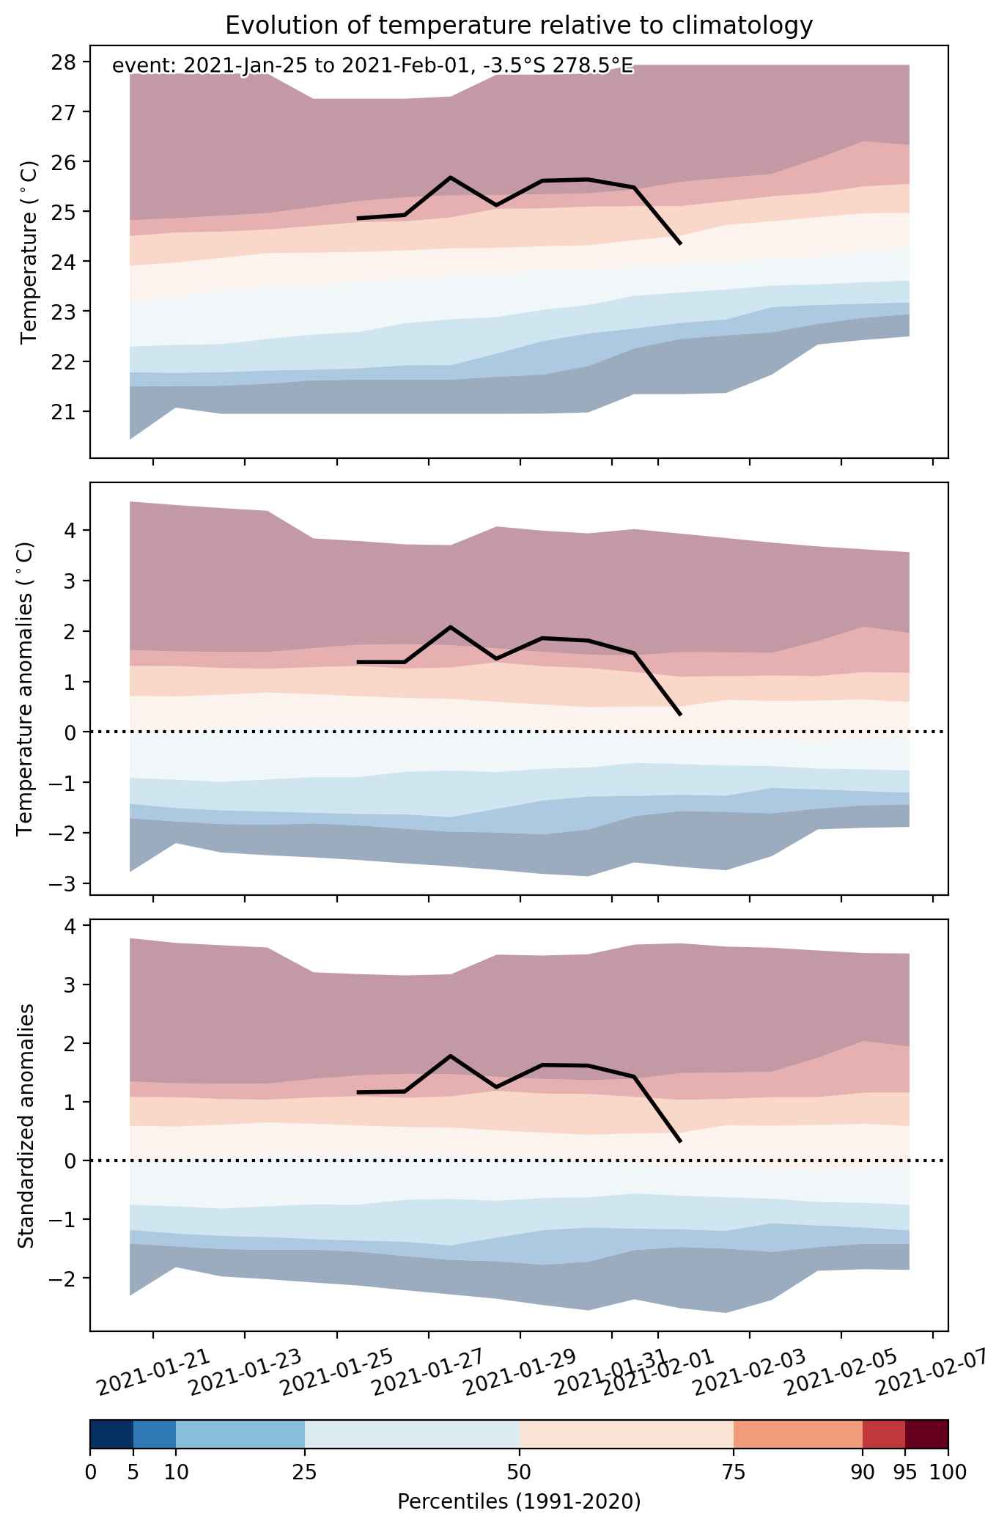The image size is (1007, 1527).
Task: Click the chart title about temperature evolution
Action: click(519, 26)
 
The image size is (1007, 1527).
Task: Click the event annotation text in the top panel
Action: click(372, 67)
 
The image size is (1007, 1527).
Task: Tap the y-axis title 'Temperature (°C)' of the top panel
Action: click(29, 252)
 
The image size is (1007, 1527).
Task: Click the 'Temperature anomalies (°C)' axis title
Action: click(25, 688)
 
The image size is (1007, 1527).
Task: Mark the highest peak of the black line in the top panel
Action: click(450, 177)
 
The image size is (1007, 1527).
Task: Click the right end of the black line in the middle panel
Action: click(681, 714)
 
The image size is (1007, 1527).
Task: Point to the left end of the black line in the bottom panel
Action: click(358, 1092)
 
